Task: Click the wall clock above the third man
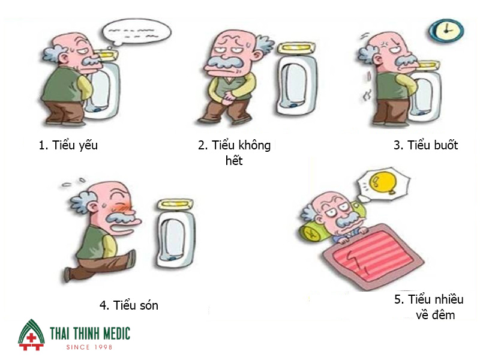(x=446, y=31)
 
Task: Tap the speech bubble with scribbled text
(x=136, y=32)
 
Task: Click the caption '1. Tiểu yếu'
(x=68, y=145)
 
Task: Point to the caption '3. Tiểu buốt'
(x=426, y=145)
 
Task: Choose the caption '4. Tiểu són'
(x=129, y=305)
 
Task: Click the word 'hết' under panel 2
(x=234, y=160)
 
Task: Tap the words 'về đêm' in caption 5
(x=436, y=314)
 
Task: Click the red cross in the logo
(x=31, y=338)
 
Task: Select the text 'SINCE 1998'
(x=89, y=347)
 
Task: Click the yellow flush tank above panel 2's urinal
(x=296, y=49)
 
